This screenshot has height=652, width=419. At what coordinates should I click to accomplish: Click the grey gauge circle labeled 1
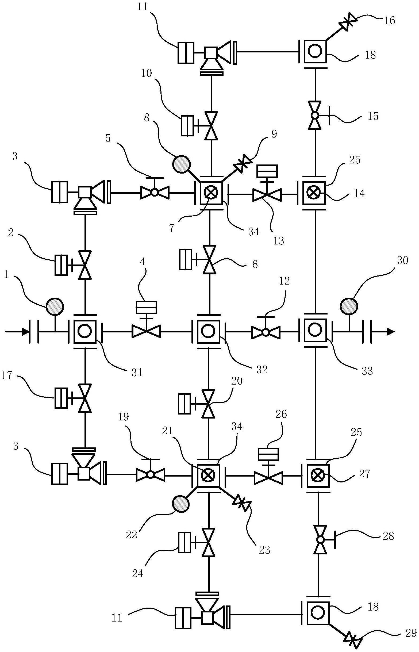[55, 306]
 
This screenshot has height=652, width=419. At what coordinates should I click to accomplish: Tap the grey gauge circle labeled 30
[349, 306]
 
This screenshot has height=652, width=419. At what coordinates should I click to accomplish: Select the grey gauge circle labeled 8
[182, 164]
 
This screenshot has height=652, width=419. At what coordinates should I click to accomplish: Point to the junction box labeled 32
[209, 331]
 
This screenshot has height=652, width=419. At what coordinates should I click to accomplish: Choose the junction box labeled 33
[315, 331]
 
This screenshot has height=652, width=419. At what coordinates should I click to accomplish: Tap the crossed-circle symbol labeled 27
[317, 475]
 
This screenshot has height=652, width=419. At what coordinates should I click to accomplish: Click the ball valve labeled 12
[265, 332]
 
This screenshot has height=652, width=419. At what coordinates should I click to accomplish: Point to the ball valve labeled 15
[315, 115]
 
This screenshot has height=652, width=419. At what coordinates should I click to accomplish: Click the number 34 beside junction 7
[253, 232]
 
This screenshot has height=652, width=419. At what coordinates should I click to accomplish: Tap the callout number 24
[137, 574]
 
